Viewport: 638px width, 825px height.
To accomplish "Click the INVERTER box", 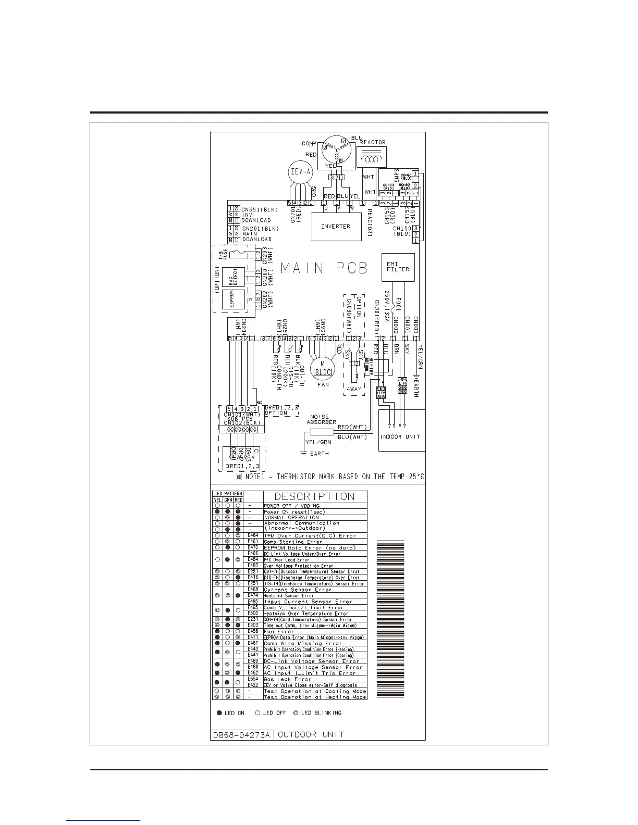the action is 336,227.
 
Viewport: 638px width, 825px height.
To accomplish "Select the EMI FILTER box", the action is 398,266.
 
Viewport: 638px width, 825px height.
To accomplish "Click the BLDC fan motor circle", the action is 323,369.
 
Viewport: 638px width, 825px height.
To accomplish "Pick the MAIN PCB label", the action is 324,268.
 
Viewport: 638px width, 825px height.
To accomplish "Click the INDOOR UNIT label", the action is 400,436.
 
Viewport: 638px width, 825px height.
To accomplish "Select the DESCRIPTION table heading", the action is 314,497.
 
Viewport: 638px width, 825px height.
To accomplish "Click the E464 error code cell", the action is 253,535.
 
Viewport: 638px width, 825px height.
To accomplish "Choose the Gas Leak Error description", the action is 288,679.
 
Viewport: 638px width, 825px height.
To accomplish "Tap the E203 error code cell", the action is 253,625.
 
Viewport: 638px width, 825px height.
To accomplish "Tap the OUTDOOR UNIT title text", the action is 311,735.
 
